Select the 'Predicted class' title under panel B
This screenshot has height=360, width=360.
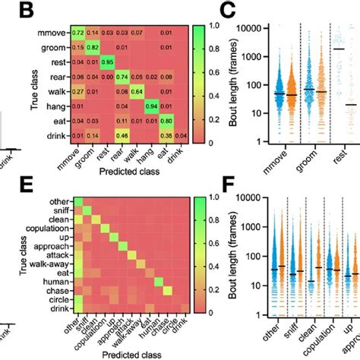[122, 173]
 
